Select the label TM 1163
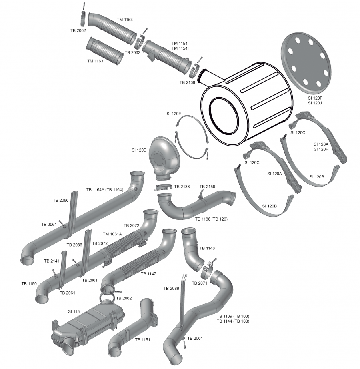(x=95, y=61)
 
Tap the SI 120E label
(x=174, y=114)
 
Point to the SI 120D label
(x=139, y=150)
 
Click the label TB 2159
(x=207, y=187)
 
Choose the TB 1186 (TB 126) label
(x=211, y=219)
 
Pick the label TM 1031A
(x=112, y=234)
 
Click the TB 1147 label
(x=148, y=274)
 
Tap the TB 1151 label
(x=143, y=340)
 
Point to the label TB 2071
(x=200, y=283)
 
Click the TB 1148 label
(x=207, y=248)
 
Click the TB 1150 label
(x=29, y=283)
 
